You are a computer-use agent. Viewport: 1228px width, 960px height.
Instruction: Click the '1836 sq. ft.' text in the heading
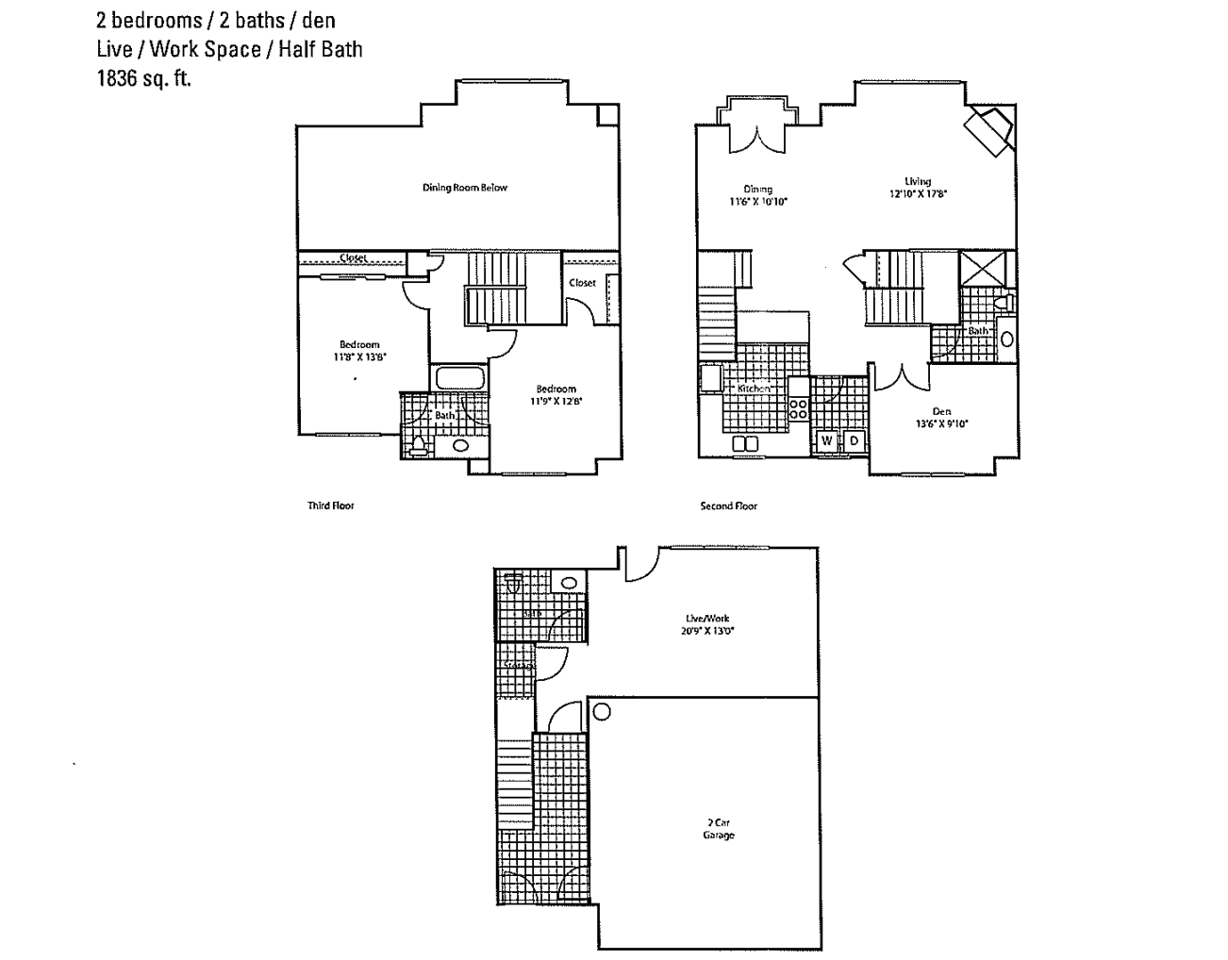[143, 79]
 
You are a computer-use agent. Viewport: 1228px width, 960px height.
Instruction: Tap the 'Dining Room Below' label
[464, 188]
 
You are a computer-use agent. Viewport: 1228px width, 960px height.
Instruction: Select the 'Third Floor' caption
[330, 506]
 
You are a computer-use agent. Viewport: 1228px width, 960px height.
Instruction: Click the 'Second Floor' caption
[728, 506]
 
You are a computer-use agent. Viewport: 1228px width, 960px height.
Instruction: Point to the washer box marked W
[827, 440]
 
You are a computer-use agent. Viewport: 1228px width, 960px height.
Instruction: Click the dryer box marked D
[853, 440]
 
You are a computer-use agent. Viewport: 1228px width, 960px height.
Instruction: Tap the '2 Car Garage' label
[718, 829]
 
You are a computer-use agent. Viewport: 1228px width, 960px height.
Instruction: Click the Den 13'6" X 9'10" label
[940, 418]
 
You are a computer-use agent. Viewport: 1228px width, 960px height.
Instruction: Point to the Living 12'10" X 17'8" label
[917, 188]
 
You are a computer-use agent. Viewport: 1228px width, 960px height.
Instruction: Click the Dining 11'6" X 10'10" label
[757, 195]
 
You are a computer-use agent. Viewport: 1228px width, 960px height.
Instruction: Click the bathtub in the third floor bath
[459, 379]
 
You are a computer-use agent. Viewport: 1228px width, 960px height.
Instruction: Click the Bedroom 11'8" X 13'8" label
[359, 351]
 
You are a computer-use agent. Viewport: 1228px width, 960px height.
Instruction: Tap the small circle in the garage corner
[601, 712]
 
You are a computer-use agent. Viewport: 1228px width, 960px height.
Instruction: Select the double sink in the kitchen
[744, 443]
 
